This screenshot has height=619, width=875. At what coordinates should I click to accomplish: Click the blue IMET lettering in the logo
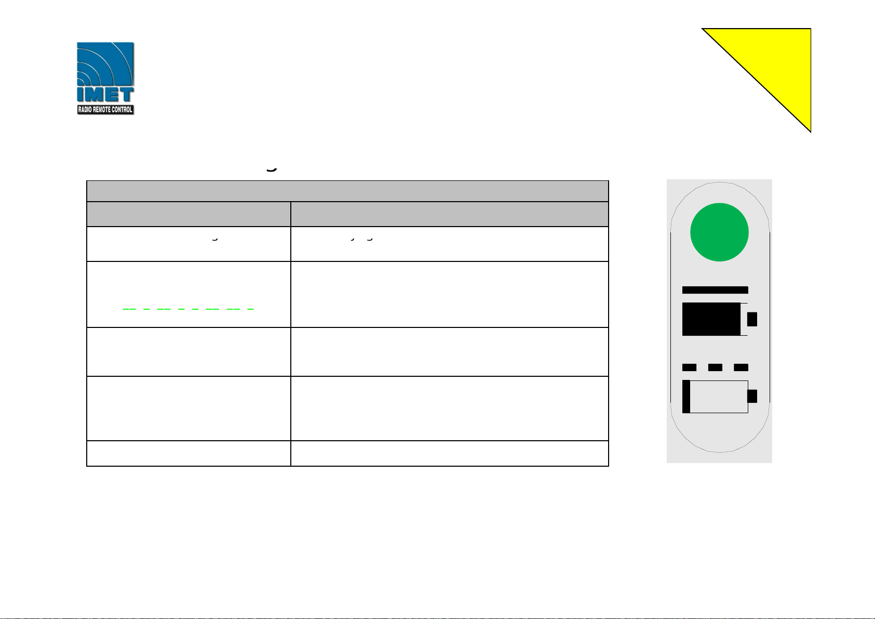coord(105,95)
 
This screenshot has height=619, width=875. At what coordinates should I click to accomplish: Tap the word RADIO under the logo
coord(85,110)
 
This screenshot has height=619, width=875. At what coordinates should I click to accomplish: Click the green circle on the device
coord(719,232)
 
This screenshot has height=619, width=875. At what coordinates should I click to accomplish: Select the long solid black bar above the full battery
coord(715,290)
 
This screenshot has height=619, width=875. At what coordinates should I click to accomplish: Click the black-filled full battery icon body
coord(711,319)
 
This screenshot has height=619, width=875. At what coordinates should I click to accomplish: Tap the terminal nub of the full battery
coord(752,319)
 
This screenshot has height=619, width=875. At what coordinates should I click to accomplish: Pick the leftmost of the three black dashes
coord(689,367)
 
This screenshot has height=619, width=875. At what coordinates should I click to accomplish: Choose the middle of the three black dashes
coord(715,367)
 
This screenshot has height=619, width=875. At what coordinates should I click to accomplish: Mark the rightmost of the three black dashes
coord(741,367)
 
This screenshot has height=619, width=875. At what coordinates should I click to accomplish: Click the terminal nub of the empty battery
coord(752,397)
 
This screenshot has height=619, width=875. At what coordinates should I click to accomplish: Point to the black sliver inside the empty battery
coord(686,397)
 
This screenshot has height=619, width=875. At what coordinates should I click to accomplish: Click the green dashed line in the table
coord(188,309)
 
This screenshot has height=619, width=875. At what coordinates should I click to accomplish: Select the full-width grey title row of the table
coord(347,191)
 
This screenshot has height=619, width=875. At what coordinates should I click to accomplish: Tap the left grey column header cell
coord(189,214)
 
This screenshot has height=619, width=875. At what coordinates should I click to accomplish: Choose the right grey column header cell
coord(449,214)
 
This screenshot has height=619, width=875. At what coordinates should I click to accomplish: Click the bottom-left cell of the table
coord(189,453)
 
